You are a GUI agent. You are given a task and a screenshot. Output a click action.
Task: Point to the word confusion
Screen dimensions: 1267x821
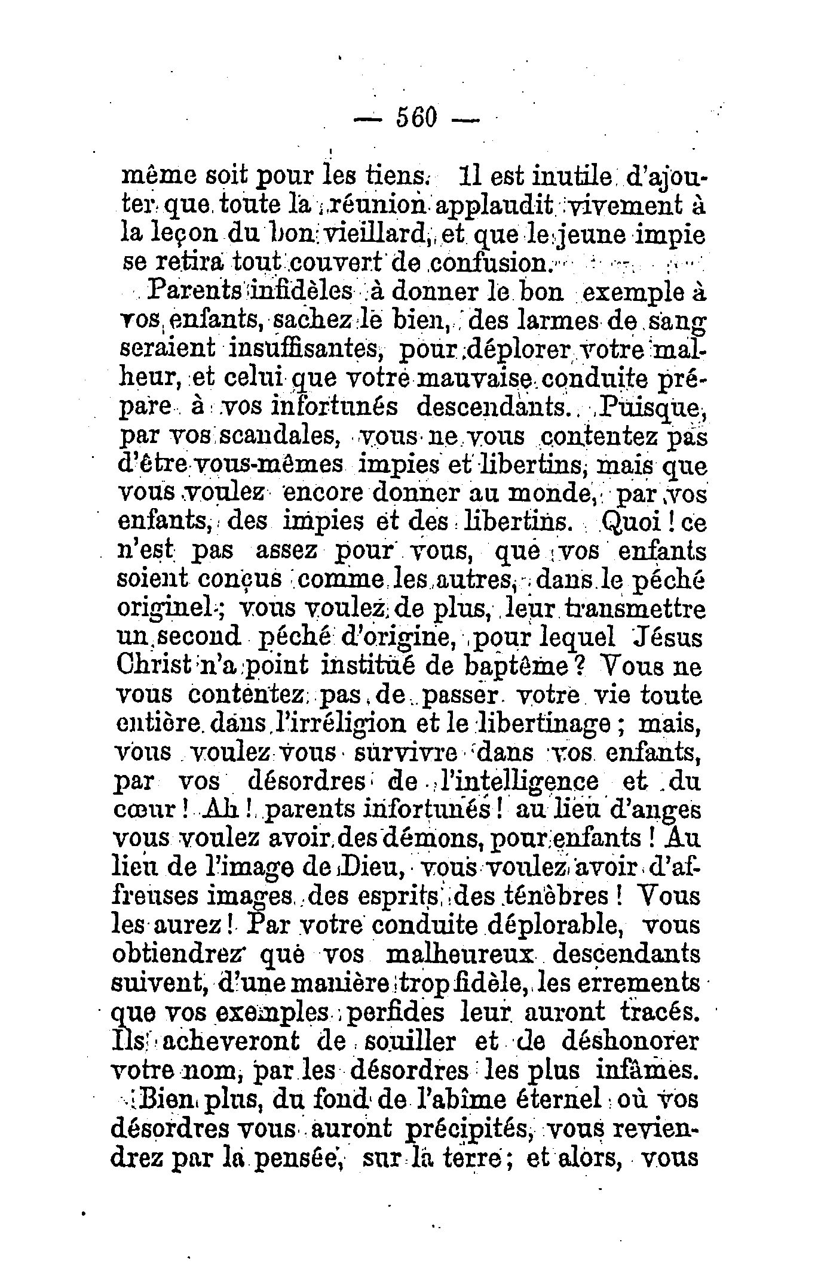point(488,263)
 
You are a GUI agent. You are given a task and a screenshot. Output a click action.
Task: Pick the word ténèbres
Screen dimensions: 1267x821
point(556,896)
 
